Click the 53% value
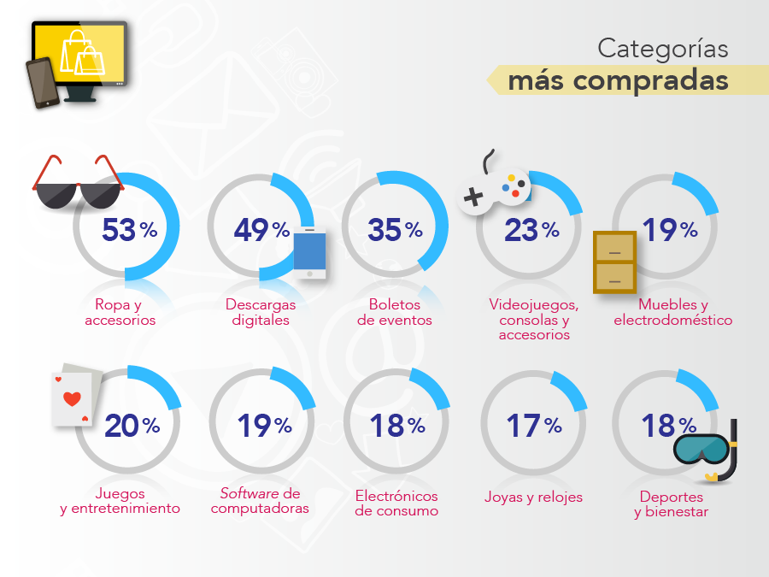click(129, 230)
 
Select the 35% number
click(395, 230)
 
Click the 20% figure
click(132, 426)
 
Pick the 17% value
click(533, 425)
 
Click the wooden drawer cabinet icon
click(615, 262)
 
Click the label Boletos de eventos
click(395, 312)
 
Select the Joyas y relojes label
click(533, 497)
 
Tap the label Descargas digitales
click(261, 312)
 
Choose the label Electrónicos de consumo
click(396, 503)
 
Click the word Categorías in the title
click(662, 49)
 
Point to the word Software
click(249, 493)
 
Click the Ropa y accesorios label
click(120, 312)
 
